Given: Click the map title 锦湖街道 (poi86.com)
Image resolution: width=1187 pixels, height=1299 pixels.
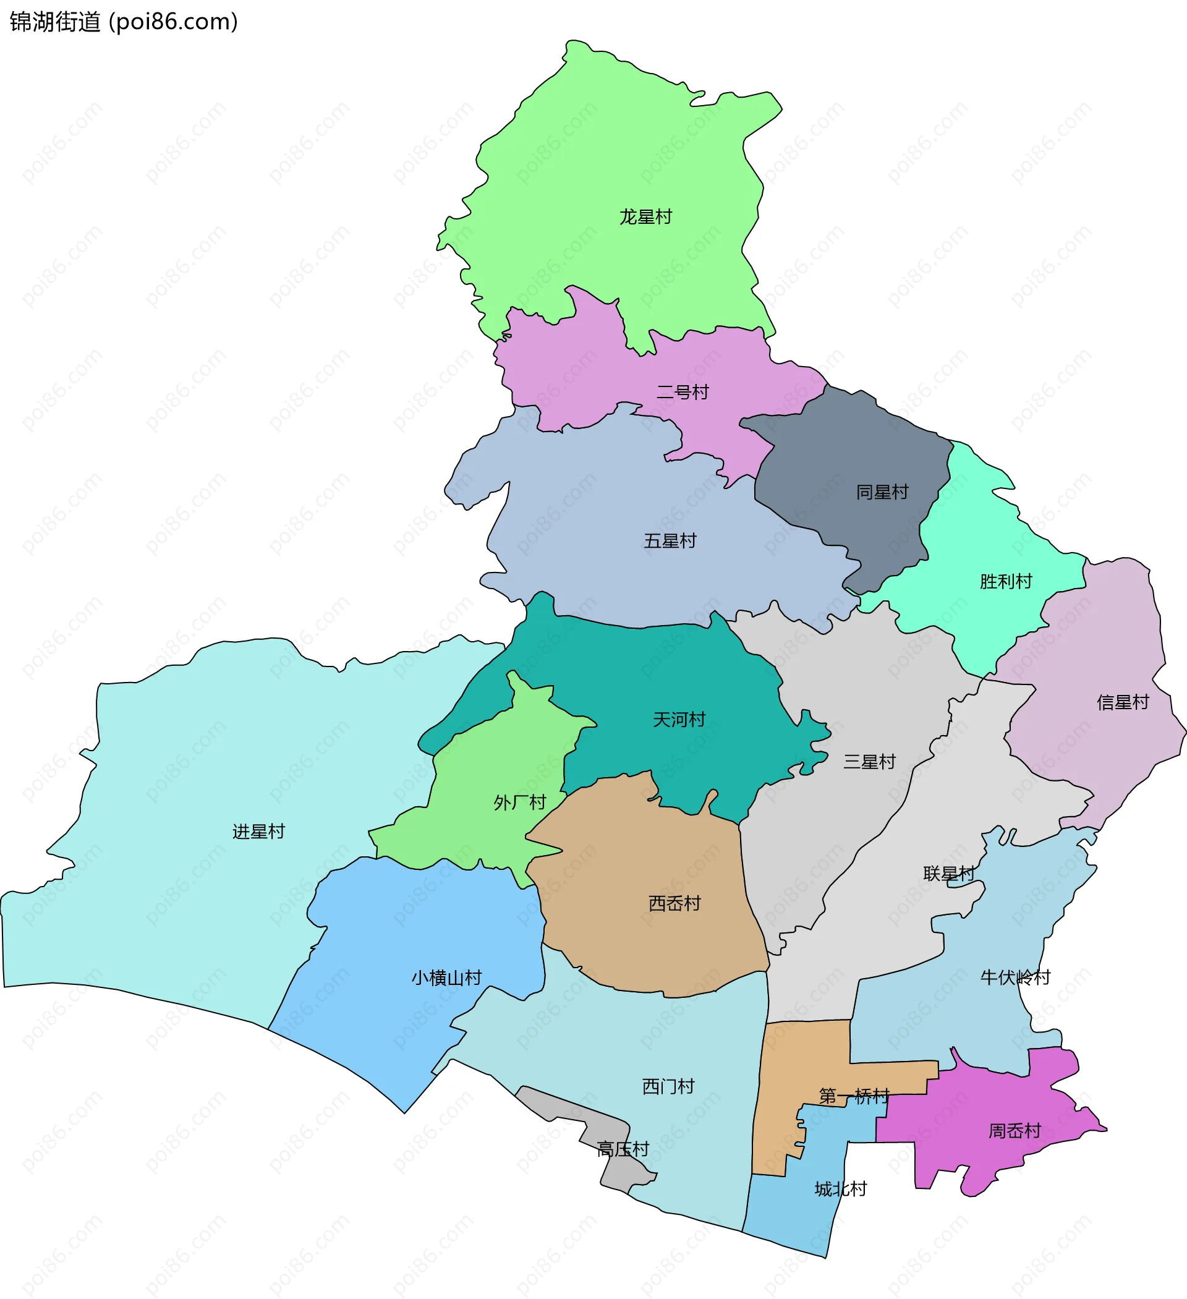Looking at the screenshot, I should (x=124, y=22).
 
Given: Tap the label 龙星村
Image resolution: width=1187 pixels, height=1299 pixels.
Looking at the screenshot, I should (x=645, y=216).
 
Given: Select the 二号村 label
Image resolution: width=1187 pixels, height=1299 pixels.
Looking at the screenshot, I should (x=683, y=392).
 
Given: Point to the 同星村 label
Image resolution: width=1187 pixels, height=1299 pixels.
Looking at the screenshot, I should (x=882, y=492).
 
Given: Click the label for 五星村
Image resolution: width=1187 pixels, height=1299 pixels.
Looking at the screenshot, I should (x=670, y=540).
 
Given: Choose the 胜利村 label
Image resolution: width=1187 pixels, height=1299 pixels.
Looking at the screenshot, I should (x=1006, y=581).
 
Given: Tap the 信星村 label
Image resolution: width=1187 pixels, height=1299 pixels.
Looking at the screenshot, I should (x=1123, y=702).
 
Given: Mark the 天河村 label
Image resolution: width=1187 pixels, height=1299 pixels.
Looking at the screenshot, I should (x=679, y=719).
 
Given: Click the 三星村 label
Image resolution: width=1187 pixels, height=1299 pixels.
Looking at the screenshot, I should (x=869, y=762).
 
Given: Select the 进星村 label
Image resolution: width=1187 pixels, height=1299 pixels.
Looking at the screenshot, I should (x=258, y=831).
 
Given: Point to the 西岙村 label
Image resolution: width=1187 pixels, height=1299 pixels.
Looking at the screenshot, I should (x=674, y=903).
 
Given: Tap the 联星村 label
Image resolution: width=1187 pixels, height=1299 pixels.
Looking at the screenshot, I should (x=949, y=874).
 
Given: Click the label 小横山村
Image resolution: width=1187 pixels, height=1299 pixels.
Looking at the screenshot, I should (x=446, y=977).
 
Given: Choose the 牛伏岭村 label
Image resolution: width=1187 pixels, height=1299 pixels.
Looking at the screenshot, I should (x=1016, y=977).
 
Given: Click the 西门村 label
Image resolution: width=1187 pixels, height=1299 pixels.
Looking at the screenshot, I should (x=668, y=1086).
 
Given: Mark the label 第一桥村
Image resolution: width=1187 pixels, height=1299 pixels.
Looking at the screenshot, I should (x=854, y=1096).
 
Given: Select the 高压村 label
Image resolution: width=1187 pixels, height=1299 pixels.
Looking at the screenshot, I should (x=623, y=1149).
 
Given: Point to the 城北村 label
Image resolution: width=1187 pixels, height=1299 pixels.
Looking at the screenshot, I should (x=841, y=1189).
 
